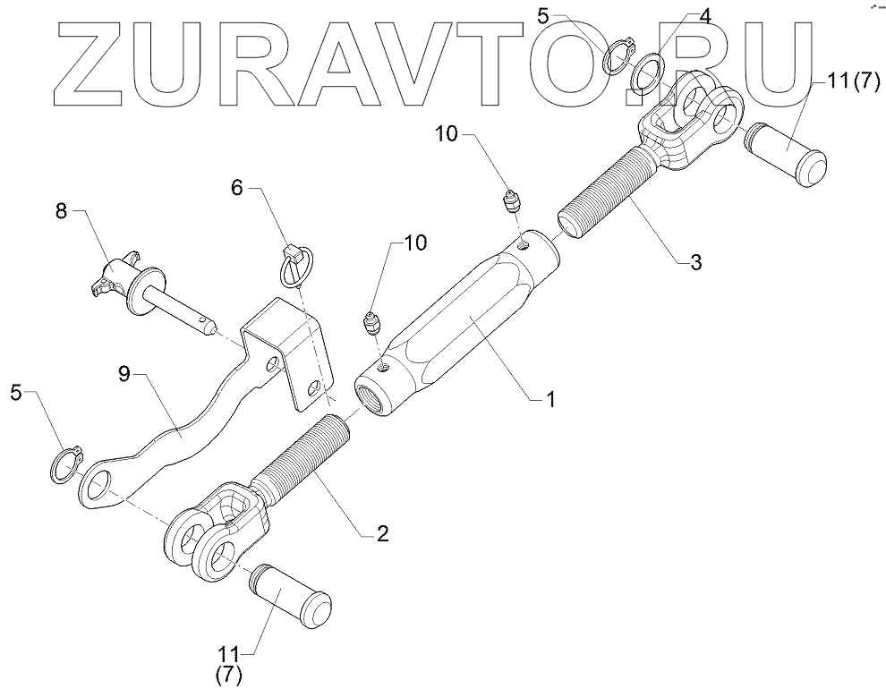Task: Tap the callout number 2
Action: click(x=382, y=534)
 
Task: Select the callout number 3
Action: click(x=695, y=262)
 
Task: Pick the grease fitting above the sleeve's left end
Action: click(x=371, y=323)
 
